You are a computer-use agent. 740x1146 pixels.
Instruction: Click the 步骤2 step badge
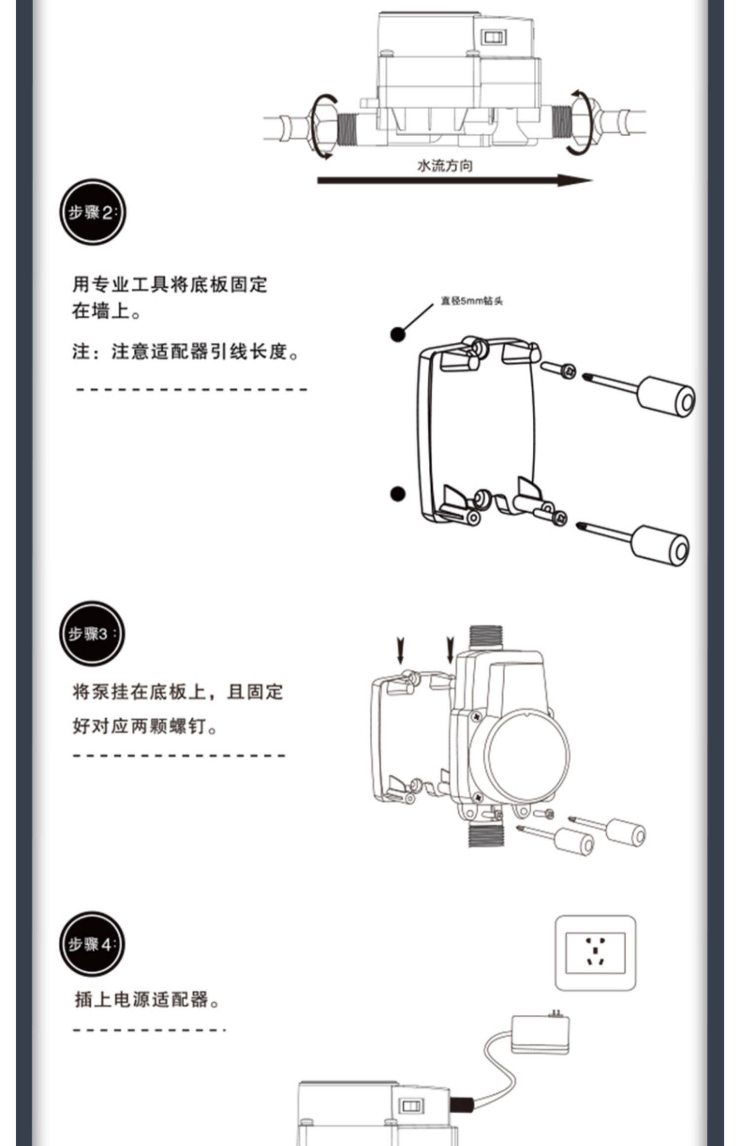(92, 212)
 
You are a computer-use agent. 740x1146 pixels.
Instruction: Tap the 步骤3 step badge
(92, 634)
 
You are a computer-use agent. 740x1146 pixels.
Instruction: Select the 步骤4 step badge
(92, 944)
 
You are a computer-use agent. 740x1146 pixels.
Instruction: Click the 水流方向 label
(444, 166)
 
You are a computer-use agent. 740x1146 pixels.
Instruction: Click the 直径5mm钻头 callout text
(471, 301)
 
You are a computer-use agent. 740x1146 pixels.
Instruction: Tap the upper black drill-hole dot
(398, 335)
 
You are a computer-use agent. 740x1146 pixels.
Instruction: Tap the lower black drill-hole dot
(398, 494)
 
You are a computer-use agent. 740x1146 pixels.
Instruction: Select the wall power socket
(595, 953)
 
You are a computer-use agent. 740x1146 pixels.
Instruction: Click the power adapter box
(541, 1034)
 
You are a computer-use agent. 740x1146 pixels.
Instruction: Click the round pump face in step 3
(526, 755)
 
